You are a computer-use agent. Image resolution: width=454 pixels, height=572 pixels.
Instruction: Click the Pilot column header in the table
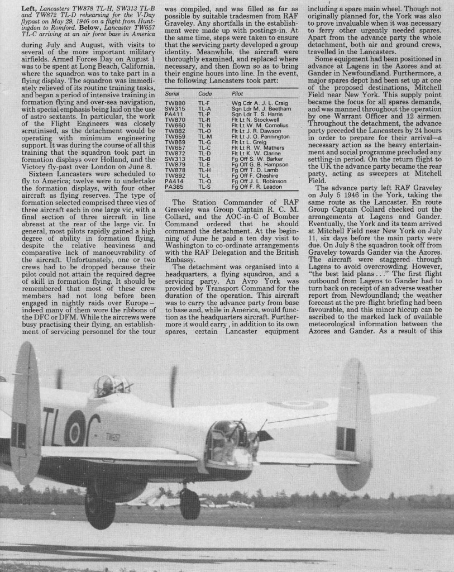click(237, 94)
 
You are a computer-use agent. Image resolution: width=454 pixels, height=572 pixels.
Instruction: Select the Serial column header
click(171, 94)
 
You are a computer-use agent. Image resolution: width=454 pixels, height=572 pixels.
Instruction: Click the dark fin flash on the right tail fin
click(346, 438)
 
